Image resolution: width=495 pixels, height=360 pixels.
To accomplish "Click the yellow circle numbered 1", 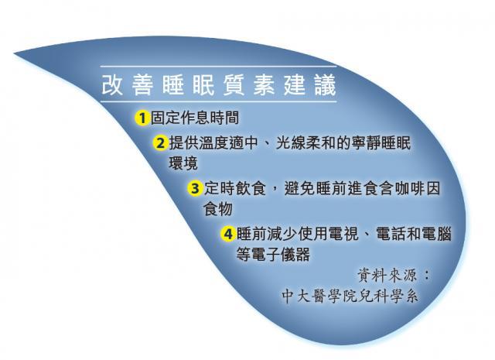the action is (142, 118).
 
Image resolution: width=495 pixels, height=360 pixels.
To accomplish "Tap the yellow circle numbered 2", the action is (161, 143).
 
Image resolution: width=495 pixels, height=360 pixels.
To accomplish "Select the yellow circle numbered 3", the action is (195, 189).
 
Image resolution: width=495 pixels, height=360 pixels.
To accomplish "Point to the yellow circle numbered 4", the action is (228, 235).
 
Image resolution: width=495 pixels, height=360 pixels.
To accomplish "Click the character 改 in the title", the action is (112, 85).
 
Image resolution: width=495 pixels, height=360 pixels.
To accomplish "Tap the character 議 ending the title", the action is (326, 85).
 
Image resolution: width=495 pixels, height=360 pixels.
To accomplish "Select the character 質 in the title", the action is (234, 85).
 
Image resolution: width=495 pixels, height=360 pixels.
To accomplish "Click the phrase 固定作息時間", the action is (194, 118).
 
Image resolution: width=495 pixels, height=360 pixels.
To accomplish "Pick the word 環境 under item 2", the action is (183, 163).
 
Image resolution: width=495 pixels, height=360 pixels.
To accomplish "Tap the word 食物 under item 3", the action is (218, 209).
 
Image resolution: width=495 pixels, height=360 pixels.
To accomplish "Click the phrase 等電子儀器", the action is (273, 255).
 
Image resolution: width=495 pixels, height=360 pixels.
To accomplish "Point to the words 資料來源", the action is (387, 276).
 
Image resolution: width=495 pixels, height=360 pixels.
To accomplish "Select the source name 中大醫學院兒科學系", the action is (350, 297).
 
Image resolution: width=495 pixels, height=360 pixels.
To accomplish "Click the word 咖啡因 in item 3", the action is (418, 189).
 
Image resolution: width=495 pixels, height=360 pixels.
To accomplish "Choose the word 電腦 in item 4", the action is (436, 235).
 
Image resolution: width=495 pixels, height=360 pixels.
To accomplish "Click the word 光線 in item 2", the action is (291, 143).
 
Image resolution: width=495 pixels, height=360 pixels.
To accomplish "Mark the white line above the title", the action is (218, 67).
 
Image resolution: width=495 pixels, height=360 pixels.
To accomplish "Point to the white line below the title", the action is (218, 101).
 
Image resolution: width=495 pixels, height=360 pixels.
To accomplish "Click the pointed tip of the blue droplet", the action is (15, 53).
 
